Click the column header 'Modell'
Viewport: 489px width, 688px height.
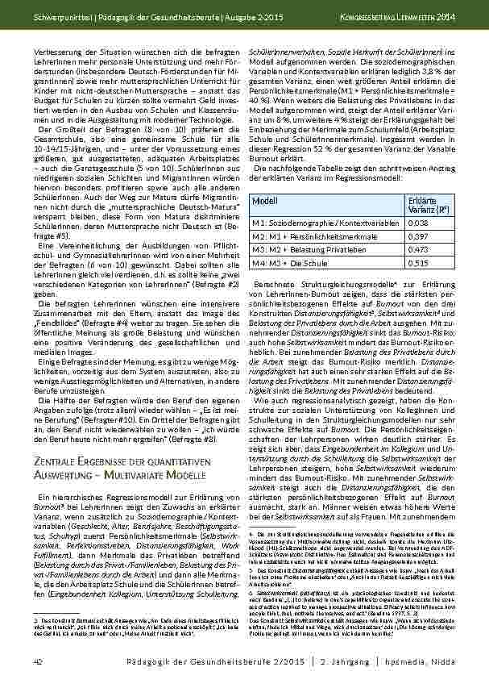tap(265, 200)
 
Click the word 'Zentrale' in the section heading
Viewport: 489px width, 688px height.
tap(56, 461)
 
